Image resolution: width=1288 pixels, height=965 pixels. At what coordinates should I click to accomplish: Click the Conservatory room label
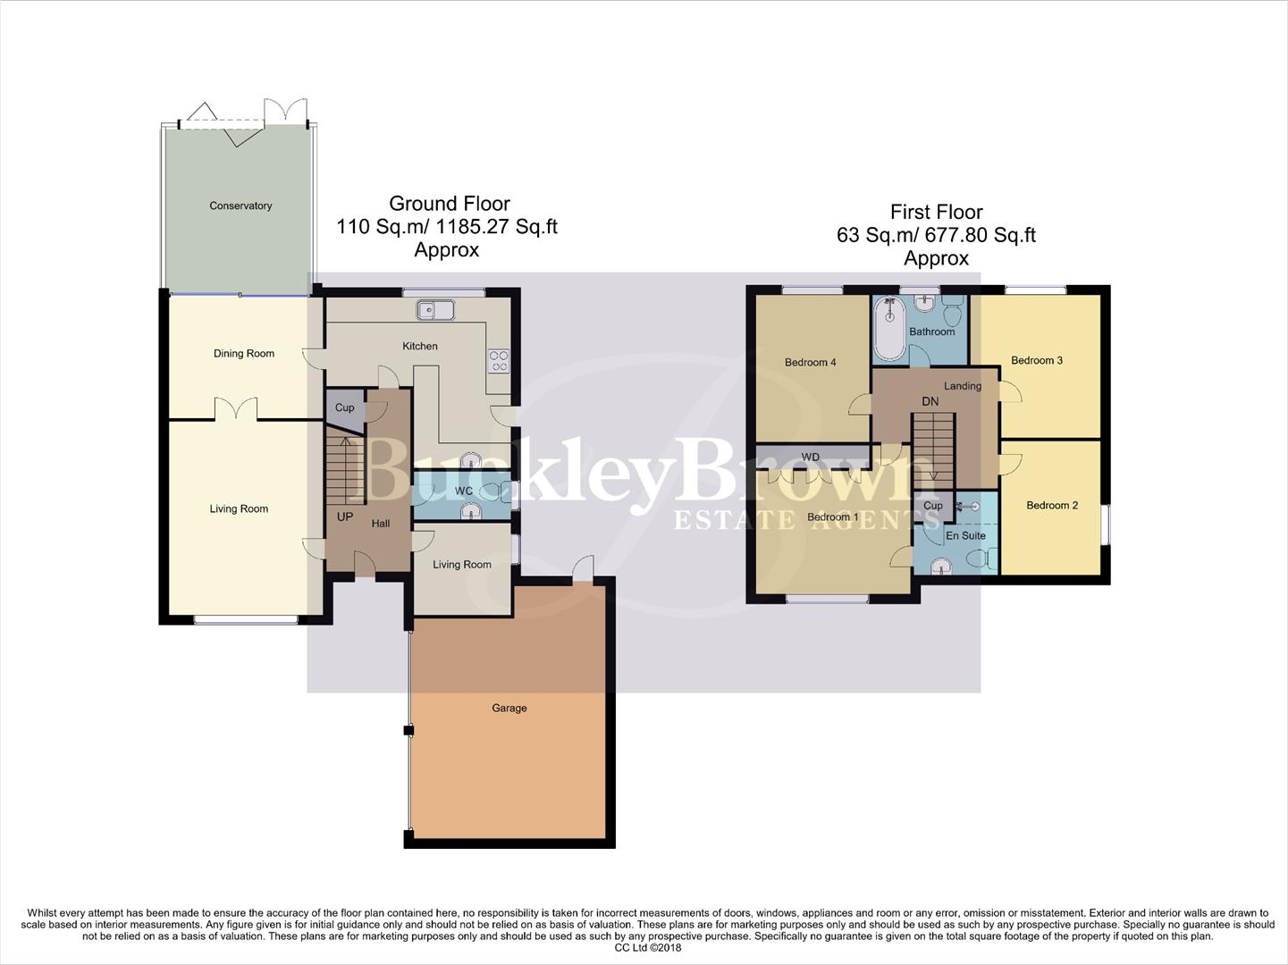coord(240,206)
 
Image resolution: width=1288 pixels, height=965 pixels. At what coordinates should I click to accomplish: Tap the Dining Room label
coord(244,353)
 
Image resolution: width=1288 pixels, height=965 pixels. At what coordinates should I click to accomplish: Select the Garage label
coord(509,708)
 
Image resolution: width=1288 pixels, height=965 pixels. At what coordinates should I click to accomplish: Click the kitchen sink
coord(435,310)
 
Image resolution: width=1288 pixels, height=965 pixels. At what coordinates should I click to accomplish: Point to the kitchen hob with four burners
coord(498,361)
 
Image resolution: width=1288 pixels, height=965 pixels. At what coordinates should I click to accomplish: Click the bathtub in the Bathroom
coord(889,328)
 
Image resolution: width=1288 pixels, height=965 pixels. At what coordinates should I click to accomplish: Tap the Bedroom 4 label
coord(810,362)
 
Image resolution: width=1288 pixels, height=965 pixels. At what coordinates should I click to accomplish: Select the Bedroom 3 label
coord(1037,360)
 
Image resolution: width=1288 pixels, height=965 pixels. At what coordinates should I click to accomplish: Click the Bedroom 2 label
coord(1052,505)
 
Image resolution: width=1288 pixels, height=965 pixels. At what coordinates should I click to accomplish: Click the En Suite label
coord(965,535)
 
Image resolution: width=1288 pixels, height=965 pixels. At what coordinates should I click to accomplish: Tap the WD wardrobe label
coord(810,457)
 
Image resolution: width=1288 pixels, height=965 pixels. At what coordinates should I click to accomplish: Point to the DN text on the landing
coord(930,401)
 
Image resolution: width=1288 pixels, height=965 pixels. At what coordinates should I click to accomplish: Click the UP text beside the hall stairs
coord(345,516)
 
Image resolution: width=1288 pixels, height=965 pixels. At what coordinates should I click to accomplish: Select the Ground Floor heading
coord(449,203)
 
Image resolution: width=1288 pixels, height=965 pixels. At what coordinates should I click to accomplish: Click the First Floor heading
coord(936,212)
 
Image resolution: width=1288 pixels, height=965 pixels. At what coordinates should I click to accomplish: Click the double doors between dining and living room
coord(237,410)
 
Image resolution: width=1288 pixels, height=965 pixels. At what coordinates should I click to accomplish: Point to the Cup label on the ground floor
coord(344,407)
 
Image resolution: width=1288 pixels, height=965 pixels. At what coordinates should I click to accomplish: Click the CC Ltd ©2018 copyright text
coord(648,947)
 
